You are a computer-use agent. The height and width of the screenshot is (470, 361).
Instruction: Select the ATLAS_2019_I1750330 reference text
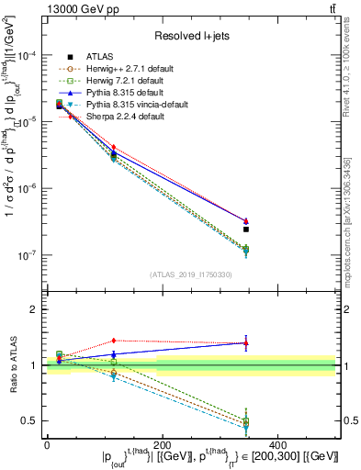coord(191,274)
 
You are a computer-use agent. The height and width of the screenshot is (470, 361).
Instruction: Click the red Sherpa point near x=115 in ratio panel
coord(113,341)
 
